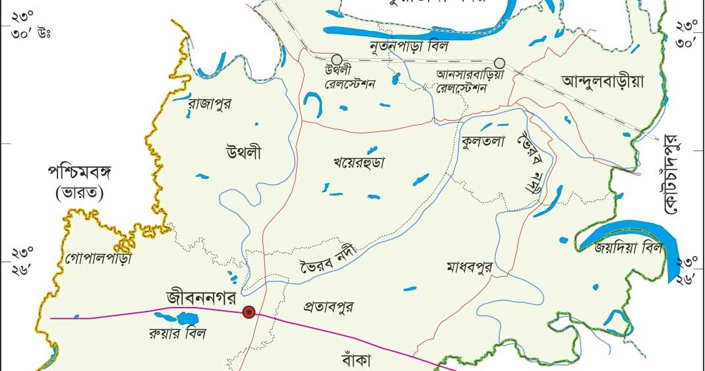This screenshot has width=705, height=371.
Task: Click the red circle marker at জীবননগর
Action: coord(249,312)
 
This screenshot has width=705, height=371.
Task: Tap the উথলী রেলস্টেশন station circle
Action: coord(337,60)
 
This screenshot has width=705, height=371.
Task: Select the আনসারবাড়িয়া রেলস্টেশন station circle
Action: coord(499,63)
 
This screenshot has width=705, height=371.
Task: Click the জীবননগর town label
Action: coord(202,298)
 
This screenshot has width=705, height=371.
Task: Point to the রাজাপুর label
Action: coord(209,104)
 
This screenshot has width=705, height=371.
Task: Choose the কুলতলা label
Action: coord(483,141)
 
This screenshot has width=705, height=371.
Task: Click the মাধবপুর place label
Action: coord(470,267)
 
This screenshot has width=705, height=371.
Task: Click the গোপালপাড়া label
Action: coord(98,258)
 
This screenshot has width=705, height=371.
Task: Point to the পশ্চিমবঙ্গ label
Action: coord(80,174)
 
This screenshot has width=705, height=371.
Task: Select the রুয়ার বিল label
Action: coord(177,333)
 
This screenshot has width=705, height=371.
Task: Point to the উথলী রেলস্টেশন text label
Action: coord(350,79)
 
